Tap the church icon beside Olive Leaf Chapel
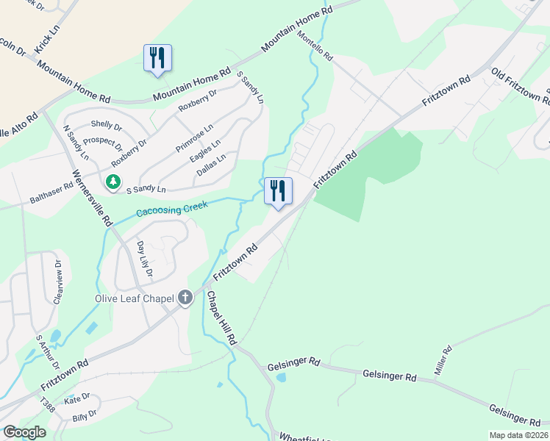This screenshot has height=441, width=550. tap(185, 298)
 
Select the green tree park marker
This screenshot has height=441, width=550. tap(113, 182)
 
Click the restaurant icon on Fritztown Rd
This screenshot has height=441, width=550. tap(278, 191)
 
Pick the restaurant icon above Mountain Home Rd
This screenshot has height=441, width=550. tap(157, 57)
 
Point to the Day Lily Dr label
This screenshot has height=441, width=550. tap(144, 259)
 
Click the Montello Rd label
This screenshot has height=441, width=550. tap(315, 46)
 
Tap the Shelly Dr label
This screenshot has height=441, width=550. tap(106, 125)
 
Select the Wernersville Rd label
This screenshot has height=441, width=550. tap(91, 198)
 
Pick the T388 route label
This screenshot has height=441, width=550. tap(47, 405)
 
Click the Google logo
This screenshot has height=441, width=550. tap(24, 432)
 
